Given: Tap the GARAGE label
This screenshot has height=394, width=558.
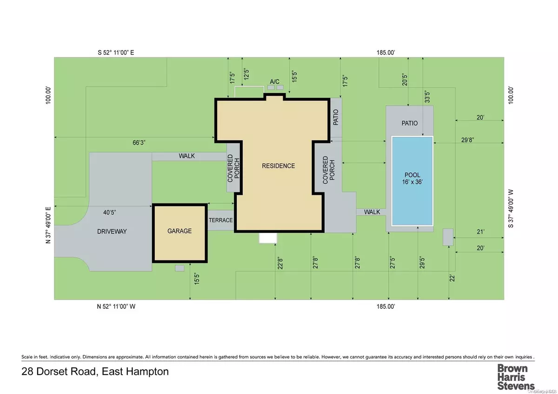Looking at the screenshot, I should click(180, 231).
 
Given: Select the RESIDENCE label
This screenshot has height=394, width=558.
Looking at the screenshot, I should click(278, 166).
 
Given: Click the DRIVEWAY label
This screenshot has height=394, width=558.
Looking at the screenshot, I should click(112, 231).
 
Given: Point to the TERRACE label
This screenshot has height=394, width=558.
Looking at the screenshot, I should click(220, 220).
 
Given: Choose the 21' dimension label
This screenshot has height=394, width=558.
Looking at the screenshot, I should click(481, 231).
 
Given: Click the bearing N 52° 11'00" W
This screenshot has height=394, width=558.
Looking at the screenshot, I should click(116, 307).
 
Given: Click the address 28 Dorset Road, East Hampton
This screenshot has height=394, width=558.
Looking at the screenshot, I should click(95, 372).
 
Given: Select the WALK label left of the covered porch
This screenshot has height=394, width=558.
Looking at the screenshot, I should click(186, 156).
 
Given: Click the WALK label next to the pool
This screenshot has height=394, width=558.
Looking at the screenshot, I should click(372, 212).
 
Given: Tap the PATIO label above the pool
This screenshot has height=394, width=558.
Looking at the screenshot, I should click(410, 123).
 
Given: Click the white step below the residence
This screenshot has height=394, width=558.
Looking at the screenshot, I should click(268, 238).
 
